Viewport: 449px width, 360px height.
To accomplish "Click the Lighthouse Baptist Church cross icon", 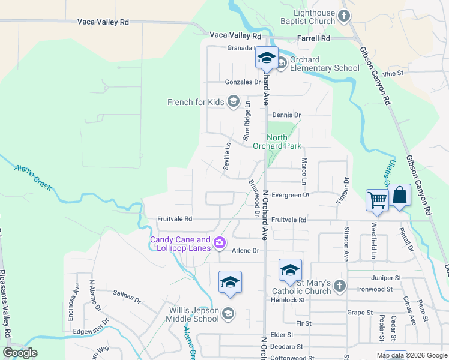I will (344, 16).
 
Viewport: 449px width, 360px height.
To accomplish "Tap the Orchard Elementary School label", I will (324, 64).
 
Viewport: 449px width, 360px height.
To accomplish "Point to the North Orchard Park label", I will (284, 142).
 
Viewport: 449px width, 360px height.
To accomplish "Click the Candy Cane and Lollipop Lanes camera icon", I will (220, 242).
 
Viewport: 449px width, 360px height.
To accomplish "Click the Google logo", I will (20, 353).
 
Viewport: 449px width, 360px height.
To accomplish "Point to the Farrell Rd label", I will (314, 38).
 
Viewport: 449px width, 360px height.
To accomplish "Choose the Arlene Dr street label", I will (245, 251).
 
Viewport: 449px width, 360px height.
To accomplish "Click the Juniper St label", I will (386, 278).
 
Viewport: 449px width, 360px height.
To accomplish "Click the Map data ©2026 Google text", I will (411, 355).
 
